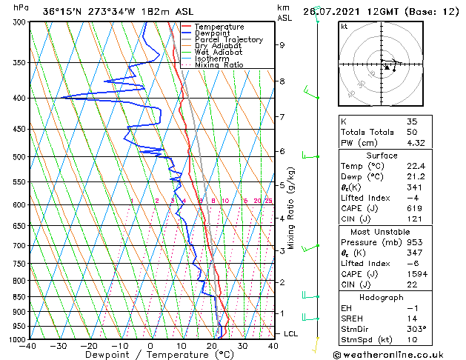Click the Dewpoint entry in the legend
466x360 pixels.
(212, 33)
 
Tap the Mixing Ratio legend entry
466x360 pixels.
(219, 65)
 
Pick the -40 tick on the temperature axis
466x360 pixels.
(28, 346)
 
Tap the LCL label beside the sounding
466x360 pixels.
(291, 334)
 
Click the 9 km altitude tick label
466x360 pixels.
(282, 45)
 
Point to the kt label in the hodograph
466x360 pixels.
(344, 26)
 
